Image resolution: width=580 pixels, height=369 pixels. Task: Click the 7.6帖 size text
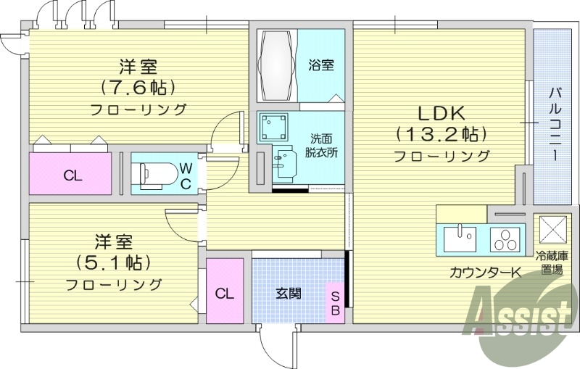(138, 88)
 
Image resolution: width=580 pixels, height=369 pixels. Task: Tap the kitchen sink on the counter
(458, 238)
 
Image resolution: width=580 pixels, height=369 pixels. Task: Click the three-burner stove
(505, 239)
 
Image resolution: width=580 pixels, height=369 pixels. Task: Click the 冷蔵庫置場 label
(557, 262)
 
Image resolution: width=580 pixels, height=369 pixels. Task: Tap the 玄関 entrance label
(288, 294)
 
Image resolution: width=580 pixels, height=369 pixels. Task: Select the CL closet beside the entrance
(224, 293)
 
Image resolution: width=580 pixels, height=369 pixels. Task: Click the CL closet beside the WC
(72, 175)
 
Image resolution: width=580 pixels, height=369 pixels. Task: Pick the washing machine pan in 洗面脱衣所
(274, 128)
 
